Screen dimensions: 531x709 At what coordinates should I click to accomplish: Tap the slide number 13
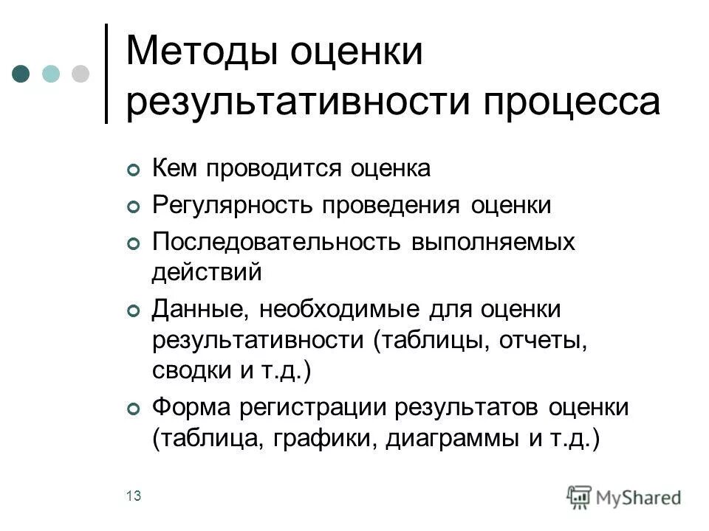pyautogui.click(x=134, y=496)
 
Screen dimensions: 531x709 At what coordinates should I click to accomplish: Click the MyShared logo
pyautogui.click(x=624, y=496)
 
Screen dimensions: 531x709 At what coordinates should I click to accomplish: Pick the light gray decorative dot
pyautogui.click(x=80, y=74)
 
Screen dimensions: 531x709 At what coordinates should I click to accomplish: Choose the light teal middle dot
pyautogui.click(x=50, y=74)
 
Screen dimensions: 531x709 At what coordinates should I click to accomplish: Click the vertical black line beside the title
pyautogui.click(x=107, y=74)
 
